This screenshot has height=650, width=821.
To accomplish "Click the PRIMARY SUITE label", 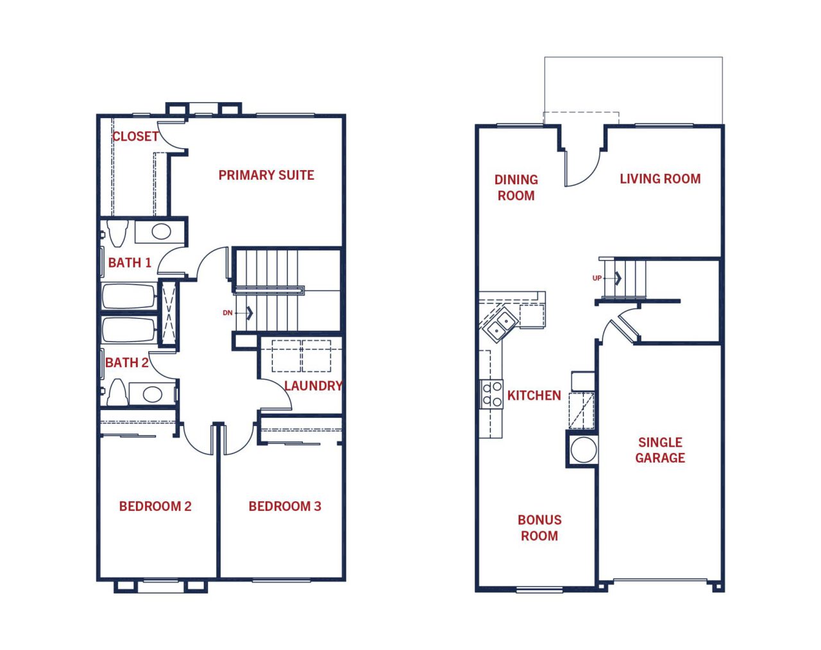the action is pos(266,175).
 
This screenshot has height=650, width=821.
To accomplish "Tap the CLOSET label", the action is pos(135,136).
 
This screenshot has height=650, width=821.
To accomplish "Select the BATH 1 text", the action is pos(130,262).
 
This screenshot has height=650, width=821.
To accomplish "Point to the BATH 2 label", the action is pos(126,362).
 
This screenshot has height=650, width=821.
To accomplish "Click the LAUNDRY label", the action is pos(313,386).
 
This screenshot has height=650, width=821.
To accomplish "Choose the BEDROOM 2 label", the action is pos(155,506).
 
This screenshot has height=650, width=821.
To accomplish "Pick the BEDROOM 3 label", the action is pos(285,506).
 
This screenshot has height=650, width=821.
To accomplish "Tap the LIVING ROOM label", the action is pos(661,178).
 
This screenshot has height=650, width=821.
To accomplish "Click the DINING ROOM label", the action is pos(516,187).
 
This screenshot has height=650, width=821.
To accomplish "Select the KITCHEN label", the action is pos(534,395).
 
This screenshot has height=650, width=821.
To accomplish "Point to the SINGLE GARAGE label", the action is pos(660,450).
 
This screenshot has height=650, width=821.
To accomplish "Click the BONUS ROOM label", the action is pos(539,528).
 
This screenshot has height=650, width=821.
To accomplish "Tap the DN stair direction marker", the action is pos(227,313).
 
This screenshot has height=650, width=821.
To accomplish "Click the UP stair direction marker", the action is pos(597,278).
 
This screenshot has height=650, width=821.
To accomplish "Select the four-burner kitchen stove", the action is pos(492,394).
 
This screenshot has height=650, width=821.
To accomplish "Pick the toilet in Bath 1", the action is pos(117,233).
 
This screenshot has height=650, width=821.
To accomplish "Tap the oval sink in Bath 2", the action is pos(152,394).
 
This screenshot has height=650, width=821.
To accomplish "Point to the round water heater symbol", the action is pos(583,450).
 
